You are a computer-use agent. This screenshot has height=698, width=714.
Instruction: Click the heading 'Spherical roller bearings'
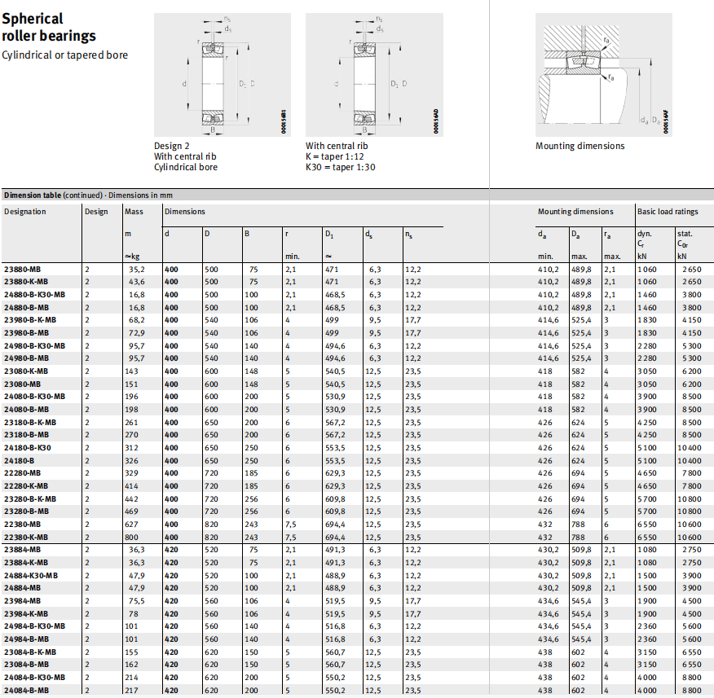click(49, 27)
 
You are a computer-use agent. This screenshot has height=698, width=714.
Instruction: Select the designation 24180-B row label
click(20, 460)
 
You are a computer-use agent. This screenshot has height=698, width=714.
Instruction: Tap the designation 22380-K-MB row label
click(26, 537)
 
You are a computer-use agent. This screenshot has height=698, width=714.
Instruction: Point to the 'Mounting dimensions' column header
click(575, 212)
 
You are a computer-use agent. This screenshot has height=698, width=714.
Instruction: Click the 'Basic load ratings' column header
click(667, 212)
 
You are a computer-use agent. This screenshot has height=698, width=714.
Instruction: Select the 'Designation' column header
click(25, 212)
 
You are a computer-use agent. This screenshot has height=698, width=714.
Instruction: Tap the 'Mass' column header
click(134, 212)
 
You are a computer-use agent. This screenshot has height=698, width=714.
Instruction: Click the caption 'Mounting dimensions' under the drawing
click(580, 147)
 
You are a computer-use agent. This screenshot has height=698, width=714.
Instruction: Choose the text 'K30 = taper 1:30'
click(340, 167)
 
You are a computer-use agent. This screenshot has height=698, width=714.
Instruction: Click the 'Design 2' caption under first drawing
click(174, 146)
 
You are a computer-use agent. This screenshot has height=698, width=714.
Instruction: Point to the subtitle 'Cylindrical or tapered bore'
click(65, 55)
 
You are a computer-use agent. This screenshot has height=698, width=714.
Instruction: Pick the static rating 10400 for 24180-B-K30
click(688, 447)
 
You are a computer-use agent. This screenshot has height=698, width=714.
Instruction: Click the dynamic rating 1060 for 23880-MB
click(647, 269)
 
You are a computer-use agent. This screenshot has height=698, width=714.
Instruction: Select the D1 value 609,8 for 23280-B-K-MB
click(335, 498)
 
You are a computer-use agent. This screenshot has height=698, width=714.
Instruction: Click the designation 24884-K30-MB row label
click(31, 575)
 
